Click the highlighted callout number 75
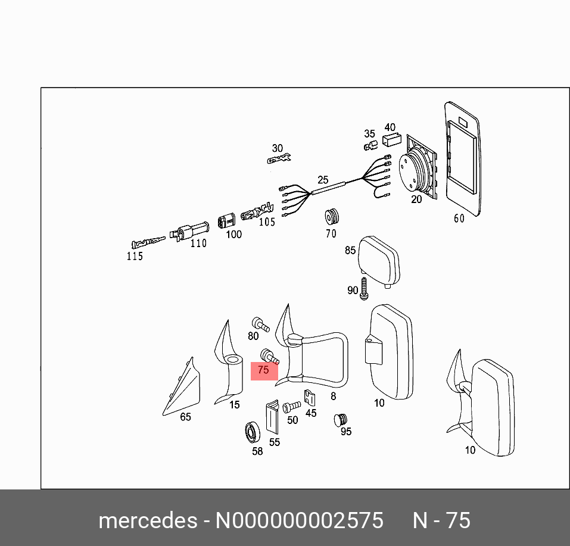tap(263, 370)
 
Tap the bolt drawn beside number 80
tap(260, 324)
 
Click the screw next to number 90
tap(365, 288)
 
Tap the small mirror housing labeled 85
tap(379, 260)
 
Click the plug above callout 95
tap(340, 420)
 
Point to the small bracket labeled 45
tap(309, 398)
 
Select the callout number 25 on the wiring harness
tap(323, 179)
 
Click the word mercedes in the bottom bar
tap(147, 520)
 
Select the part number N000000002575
tap(298, 520)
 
